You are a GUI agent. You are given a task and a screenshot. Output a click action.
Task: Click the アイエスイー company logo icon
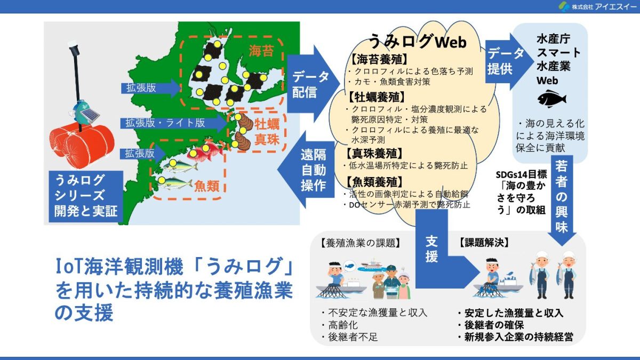(564, 6)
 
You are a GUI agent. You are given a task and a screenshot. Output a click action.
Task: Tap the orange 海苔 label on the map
(261, 51)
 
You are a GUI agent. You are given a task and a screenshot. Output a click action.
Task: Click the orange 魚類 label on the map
(206, 186)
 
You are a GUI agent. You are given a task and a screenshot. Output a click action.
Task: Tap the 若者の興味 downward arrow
(562, 200)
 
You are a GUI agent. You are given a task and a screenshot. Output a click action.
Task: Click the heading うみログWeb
(418, 42)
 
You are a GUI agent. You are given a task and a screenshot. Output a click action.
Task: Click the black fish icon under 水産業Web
(551, 99)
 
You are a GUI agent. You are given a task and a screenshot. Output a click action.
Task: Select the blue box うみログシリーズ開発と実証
(86, 196)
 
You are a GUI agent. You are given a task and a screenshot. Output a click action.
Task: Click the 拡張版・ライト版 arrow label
(165, 123)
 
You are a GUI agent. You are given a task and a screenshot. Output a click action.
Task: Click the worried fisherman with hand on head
(335, 274)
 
